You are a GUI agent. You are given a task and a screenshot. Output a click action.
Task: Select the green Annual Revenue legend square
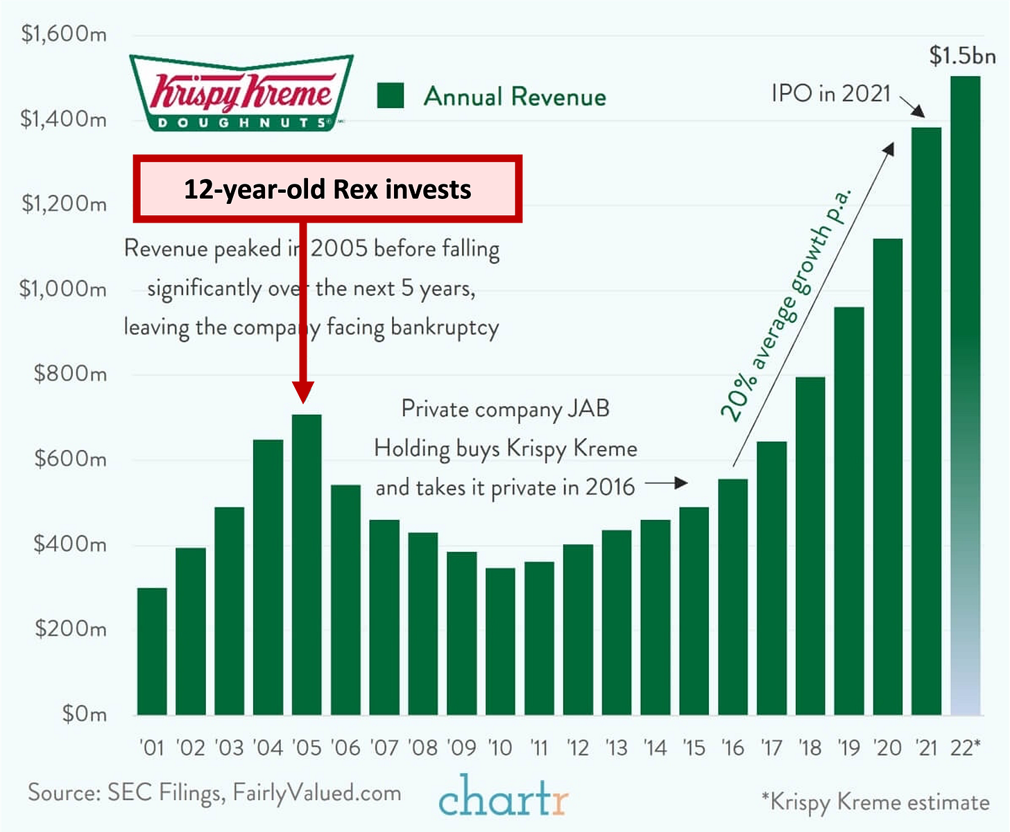(x=391, y=96)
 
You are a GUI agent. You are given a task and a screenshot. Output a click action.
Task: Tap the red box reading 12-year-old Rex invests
(x=327, y=189)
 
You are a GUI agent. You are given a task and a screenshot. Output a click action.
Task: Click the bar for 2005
(x=307, y=564)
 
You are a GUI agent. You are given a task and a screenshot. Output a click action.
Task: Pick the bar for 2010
(x=500, y=641)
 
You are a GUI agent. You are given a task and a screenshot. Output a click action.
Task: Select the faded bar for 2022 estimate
(x=965, y=395)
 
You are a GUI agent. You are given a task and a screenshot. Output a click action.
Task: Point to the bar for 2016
(x=733, y=596)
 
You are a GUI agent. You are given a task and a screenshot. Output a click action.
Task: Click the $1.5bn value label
(x=962, y=55)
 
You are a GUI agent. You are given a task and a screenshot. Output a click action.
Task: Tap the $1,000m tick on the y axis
(x=63, y=288)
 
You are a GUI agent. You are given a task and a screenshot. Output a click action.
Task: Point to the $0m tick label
(x=84, y=713)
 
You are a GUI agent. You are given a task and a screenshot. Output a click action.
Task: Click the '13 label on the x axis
(x=616, y=747)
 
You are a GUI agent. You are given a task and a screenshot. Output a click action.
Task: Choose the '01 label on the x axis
(x=152, y=747)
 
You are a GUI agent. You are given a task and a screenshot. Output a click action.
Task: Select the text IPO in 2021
(x=830, y=93)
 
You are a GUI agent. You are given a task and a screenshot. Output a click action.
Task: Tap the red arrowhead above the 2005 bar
(x=303, y=392)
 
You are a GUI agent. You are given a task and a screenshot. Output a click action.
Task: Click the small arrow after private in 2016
(x=667, y=483)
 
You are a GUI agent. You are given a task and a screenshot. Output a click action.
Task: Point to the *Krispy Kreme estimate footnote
(x=875, y=801)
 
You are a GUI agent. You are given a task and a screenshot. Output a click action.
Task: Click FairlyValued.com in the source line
(x=317, y=792)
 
